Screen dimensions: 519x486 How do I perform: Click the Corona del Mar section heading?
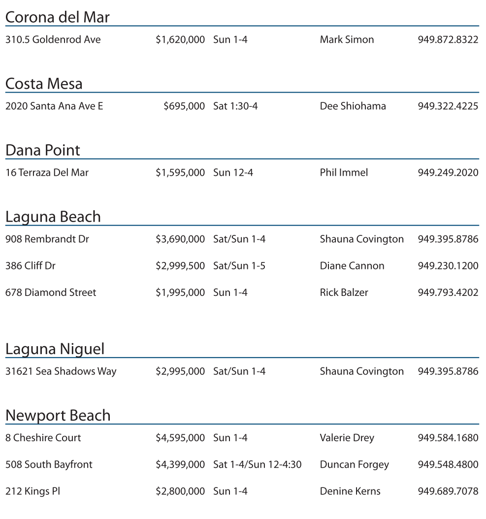pyautogui.click(x=57, y=17)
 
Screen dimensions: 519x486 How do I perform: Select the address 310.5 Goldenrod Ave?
pyautogui.click(x=53, y=40)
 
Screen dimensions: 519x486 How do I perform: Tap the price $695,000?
pyautogui.click(x=184, y=106)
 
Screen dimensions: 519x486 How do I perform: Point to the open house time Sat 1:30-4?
pyautogui.click(x=235, y=106)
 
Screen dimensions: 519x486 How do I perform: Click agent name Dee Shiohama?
pyautogui.click(x=353, y=106)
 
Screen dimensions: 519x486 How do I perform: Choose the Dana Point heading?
pyautogui.click(x=42, y=150)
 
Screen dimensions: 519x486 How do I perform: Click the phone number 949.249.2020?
pyautogui.click(x=448, y=173)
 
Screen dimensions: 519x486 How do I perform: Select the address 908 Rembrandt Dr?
pyautogui.click(x=47, y=239)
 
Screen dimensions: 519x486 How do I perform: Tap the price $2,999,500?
pyautogui.click(x=180, y=266)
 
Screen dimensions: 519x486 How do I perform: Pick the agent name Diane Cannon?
pyautogui.click(x=352, y=266)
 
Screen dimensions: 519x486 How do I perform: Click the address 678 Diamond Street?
pyautogui.click(x=51, y=292)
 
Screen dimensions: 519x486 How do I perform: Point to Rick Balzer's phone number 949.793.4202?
pyautogui.click(x=448, y=292)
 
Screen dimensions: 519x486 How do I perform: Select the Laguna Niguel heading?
pyautogui.click(x=55, y=349)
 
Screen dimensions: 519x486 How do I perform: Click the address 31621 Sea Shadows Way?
pyautogui.click(x=61, y=372)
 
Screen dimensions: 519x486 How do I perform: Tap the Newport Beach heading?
pyautogui.click(x=58, y=416)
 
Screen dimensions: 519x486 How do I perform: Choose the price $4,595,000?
pyautogui.click(x=180, y=438)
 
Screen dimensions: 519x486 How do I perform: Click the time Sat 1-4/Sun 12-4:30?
pyautogui.click(x=257, y=464)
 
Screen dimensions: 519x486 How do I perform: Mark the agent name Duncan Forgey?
pyautogui.click(x=354, y=464)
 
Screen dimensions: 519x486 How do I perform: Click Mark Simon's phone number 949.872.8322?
pyautogui.click(x=448, y=40)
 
